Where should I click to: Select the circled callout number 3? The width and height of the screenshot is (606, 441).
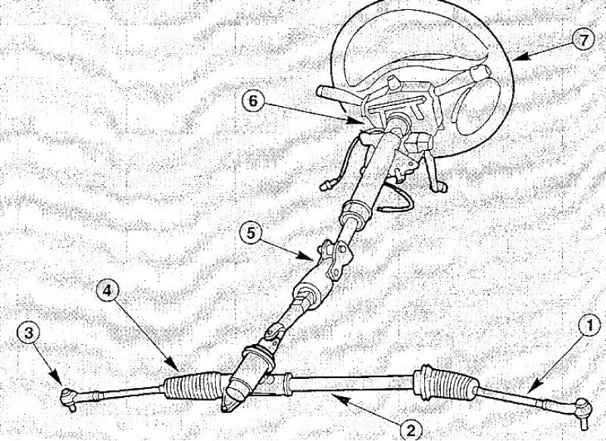pyautogui.click(x=28, y=334)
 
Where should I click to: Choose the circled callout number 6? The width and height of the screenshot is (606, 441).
pyautogui.click(x=253, y=101)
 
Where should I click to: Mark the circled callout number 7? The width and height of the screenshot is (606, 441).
pyautogui.click(x=583, y=40)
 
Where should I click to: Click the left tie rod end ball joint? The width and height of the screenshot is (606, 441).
pyautogui.click(x=68, y=397)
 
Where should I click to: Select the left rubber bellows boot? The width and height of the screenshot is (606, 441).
pyautogui.click(x=193, y=386)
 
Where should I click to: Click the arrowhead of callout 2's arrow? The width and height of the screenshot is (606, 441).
pyautogui.click(x=336, y=399)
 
